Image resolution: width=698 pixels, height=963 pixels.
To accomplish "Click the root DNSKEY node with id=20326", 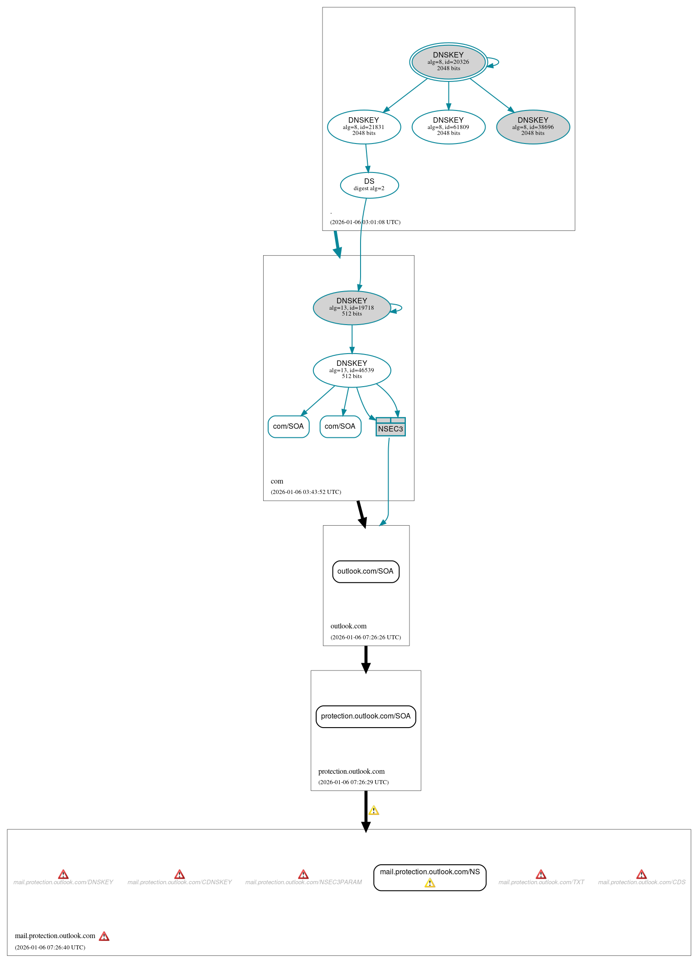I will point(448,62).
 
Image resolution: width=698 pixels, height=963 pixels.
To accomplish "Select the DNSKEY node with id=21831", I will point(364,127).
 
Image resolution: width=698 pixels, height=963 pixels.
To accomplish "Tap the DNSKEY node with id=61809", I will point(448,127).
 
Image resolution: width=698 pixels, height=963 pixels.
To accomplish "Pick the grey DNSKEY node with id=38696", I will point(533,127).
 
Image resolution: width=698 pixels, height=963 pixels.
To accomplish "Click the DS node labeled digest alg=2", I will point(369,185).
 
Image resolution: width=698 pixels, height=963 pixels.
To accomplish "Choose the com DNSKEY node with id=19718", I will point(351,307).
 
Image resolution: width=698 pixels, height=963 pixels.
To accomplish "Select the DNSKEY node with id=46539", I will point(351,370).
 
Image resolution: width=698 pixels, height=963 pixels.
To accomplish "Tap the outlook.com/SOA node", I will point(366,571).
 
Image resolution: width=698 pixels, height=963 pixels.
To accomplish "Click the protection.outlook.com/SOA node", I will point(366,716).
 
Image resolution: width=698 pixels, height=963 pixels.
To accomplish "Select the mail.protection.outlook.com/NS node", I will point(429,877).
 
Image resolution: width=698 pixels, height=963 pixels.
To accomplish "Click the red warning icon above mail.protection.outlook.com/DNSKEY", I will point(63,874).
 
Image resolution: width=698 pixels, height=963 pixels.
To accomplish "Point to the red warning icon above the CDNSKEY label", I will point(179,874).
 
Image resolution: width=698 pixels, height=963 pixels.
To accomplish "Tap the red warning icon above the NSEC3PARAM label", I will point(303,874).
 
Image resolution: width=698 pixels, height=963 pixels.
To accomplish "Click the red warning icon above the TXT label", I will point(541,874).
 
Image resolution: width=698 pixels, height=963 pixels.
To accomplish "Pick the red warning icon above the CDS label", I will point(641,874).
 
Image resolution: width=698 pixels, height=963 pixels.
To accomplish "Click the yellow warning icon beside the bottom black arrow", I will point(374,810).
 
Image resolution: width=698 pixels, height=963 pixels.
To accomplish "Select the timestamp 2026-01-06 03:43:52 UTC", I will point(306,492).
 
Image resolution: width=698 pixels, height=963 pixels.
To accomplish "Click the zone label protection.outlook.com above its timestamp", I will point(351,771).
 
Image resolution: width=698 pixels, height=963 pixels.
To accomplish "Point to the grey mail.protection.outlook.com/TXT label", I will point(541,882).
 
